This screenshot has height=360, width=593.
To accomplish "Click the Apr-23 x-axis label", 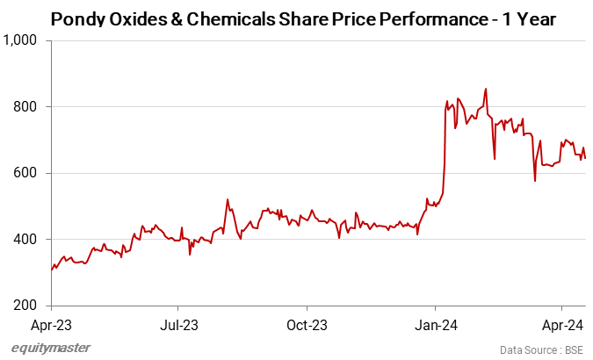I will (51, 325).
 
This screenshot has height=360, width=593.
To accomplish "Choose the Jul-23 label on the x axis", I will (178, 325).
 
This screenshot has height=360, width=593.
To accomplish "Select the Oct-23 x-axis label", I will (307, 325).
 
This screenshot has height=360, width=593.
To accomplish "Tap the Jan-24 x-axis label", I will (436, 325).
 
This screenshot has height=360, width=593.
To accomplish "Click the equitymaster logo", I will (51, 348).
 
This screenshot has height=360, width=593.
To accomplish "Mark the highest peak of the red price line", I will (486, 89).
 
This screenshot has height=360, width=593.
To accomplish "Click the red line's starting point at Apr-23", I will (52, 270).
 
